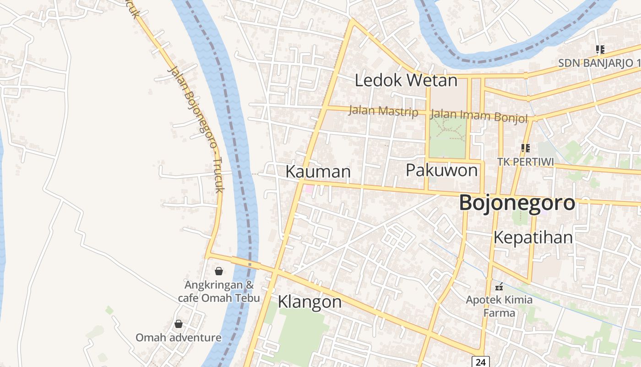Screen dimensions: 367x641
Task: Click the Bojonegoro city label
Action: pyautogui.click(x=517, y=203)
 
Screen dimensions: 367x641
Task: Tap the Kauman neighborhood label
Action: pyautogui.click(x=318, y=172)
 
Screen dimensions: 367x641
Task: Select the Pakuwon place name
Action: pyautogui.click(x=441, y=170)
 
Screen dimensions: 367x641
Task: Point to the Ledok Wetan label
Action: pyautogui.click(x=406, y=81)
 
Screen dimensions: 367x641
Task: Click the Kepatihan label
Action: pyautogui.click(x=533, y=238)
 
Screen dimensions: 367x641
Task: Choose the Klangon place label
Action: pyautogui.click(x=310, y=302)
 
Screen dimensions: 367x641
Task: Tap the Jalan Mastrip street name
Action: pyautogui.click(x=383, y=111)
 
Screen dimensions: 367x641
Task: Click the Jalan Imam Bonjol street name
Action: pyautogui.click(x=479, y=116)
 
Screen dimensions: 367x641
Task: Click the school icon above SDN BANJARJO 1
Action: pyautogui.click(x=600, y=49)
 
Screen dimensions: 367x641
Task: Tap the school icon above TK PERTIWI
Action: pyautogui.click(x=525, y=148)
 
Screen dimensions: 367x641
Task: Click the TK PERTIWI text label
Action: pyautogui.click(x=526, y=162)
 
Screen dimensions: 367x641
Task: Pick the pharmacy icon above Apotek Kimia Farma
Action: pyautogui.click(x=499, y=287)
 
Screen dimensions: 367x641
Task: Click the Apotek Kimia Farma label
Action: pyautogui.click(x=499, y=306)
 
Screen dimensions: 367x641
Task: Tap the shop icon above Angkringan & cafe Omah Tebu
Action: pyautogui.click(x=219, y=271)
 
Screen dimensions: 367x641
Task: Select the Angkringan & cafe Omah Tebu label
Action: pyautogui.click(x=219, y=291)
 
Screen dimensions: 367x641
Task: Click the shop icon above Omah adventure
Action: pyautogui.click(x=179, y=324)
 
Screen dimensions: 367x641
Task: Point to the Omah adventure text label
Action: pyautogui.click(x=179, y=338)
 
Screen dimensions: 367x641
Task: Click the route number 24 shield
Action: pyautogui.click(x=480, y=362)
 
